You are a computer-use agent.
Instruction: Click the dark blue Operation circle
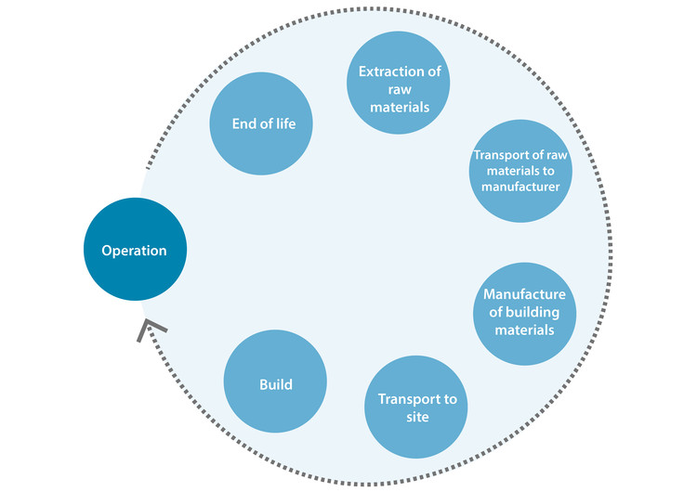pos(134,251)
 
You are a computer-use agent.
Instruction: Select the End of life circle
pos(265,123)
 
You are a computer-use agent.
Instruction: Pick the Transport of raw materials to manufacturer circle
pos(519,170)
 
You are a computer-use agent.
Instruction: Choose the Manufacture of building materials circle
pos(524,312)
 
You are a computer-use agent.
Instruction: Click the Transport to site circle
pos(416,408)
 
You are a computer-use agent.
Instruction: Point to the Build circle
pos(277,382)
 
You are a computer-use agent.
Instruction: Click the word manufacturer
pos(519,186)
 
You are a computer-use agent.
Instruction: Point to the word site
pos(417,418)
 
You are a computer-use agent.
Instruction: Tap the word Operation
pos(134,251)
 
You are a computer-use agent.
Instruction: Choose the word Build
pos(277,382)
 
